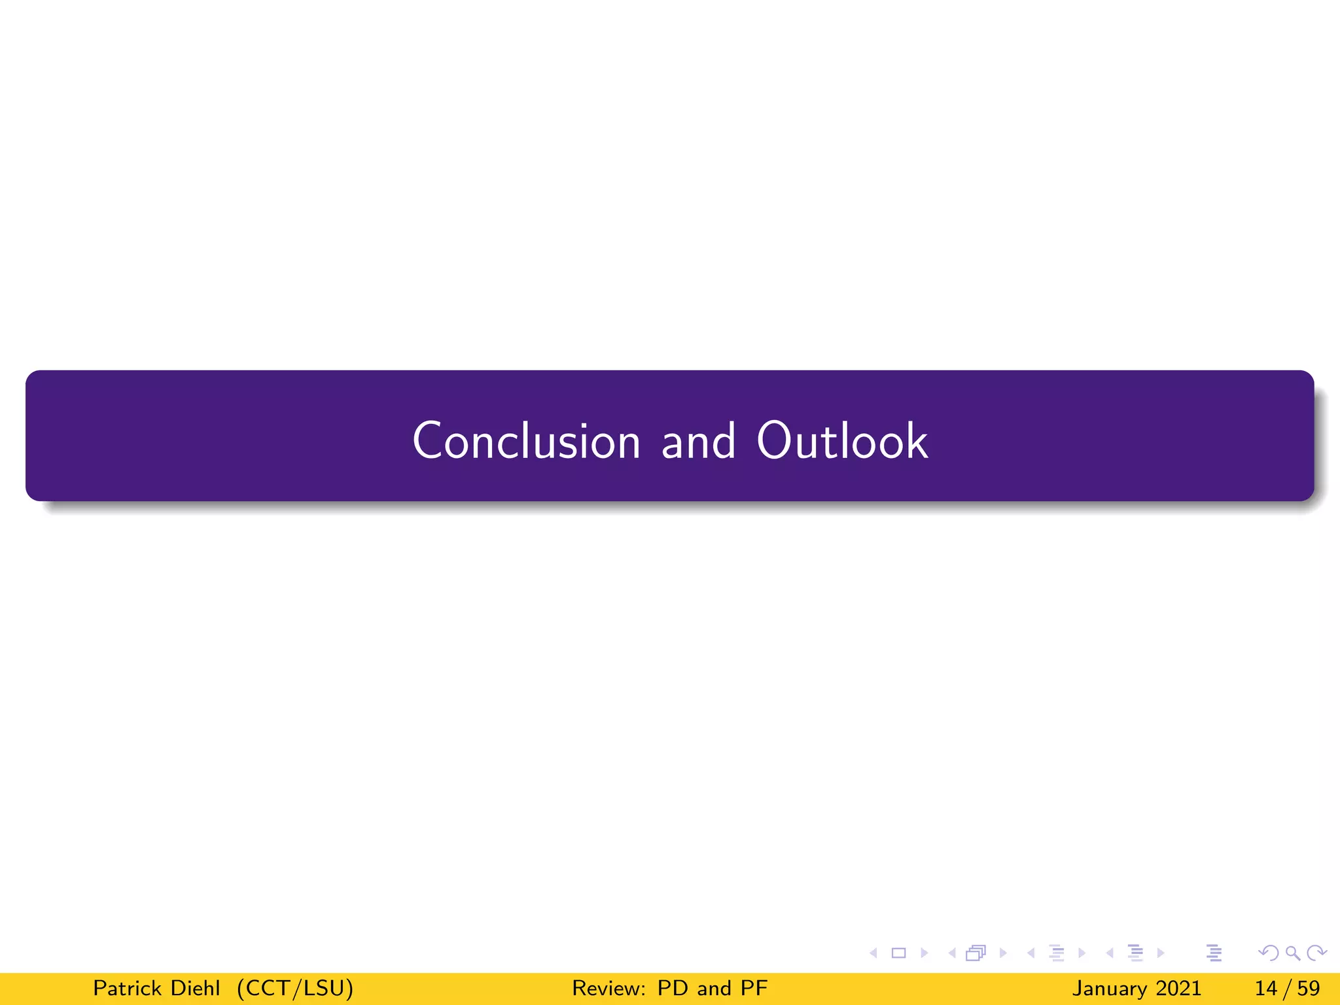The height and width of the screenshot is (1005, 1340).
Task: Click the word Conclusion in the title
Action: click(x=526, y=440)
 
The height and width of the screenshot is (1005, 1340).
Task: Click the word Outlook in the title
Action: click(x=842, y=440)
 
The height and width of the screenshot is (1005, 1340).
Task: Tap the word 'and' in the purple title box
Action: click(x=698, y=442)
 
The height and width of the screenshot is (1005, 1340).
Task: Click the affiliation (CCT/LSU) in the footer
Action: click(x=295, y=988)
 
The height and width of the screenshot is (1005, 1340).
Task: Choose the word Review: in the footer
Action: click(x=609, y=988)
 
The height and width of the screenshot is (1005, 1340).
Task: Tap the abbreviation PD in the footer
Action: click(x=672, y=988)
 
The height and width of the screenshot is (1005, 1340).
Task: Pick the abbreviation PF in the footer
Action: click(x=754, y=988)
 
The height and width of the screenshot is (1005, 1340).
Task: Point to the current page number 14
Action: click(x=1265, y=988)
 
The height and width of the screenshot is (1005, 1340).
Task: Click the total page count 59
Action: click(x=1308, y=988)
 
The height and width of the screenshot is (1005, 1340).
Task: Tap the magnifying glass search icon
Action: click(x=1293, y=953)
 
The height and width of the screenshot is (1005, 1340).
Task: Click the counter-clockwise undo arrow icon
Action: click(x=1269, y=953)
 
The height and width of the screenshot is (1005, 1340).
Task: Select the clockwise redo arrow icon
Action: click(x=1316, y=953)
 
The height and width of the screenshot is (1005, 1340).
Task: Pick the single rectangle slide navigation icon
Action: click(x=899, y=953)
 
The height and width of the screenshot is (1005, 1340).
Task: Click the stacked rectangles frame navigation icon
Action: click(x=976, y=953)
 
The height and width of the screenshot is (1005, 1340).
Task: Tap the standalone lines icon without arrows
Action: click(x=1214, y=953)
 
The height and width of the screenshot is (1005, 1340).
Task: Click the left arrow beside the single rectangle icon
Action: click(x=873, y=953)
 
